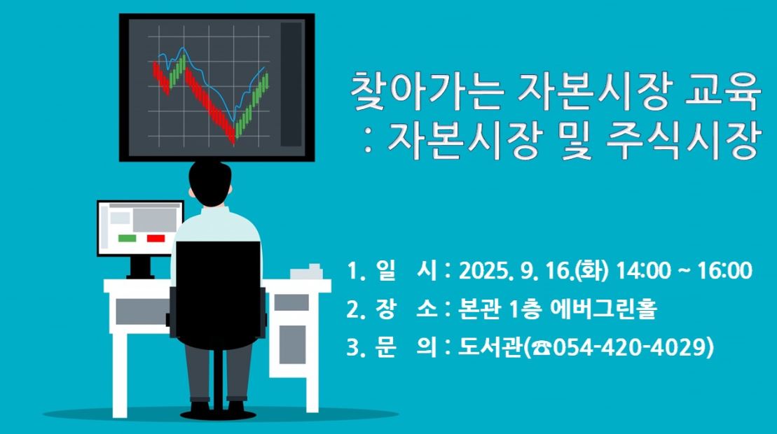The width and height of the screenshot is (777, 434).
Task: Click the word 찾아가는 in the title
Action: click(427, 92)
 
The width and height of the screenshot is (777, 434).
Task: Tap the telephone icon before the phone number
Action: click(541, 349)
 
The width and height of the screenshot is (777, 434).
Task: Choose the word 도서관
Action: click(490, 347)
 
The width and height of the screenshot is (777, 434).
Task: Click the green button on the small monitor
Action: click(127, 239)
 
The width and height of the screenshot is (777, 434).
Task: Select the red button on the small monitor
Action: click(156, 239)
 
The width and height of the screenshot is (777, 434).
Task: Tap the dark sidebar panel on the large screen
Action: click(291, 84)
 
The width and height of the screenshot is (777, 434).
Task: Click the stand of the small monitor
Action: click(139, 267)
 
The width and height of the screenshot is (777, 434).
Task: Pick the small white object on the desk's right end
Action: click(307, 272)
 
